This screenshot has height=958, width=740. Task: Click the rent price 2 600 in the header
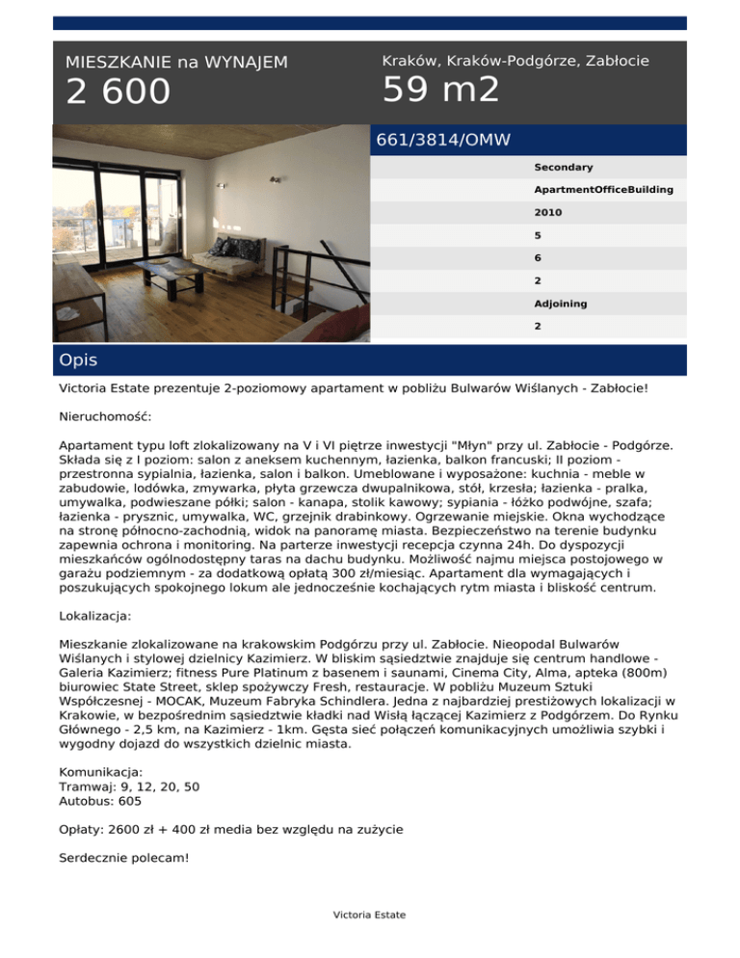[x=118, y=93]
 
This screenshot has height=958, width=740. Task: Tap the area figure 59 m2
[x=441, y=90]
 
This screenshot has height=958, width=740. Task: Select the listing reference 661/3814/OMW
[x=443, y=141]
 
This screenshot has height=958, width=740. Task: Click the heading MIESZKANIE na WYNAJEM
[x=176, y=63]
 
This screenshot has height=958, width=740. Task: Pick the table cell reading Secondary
[x=564, y=168]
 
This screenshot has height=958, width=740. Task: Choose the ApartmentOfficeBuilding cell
[x=603, y=190]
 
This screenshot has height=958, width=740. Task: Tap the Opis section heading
[x=77, y=360]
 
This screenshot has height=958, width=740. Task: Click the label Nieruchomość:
[x=106, y=420]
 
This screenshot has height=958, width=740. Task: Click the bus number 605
[x=130, y=800]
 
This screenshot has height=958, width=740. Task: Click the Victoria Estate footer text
[x=370, y=915]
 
